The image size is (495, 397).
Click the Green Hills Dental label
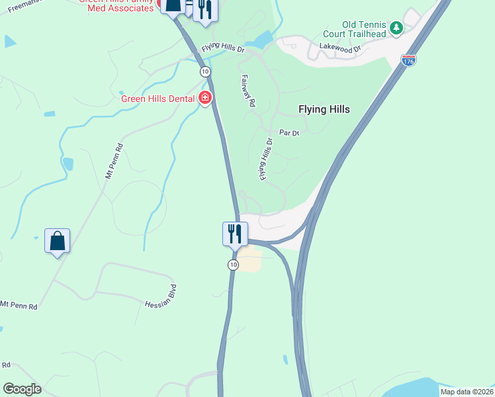[x=157, y=99]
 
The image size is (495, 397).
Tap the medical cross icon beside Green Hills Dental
[x=205, y=99]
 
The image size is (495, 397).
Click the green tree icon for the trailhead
[x=396, y=27]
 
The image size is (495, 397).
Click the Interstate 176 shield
[x=408, y=60]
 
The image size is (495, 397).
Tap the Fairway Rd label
[x=249, y=91]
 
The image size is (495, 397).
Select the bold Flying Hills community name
[x=324, y=109]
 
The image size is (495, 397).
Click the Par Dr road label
[x=289, y=133]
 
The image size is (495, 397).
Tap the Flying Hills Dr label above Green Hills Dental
[x=223, y=50]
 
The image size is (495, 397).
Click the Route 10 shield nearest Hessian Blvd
[x=233, y=265]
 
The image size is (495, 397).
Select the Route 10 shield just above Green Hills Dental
[x=205, y=71]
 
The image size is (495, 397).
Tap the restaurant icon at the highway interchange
[x=234, y=234]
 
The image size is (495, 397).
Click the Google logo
[x=22, y=389]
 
